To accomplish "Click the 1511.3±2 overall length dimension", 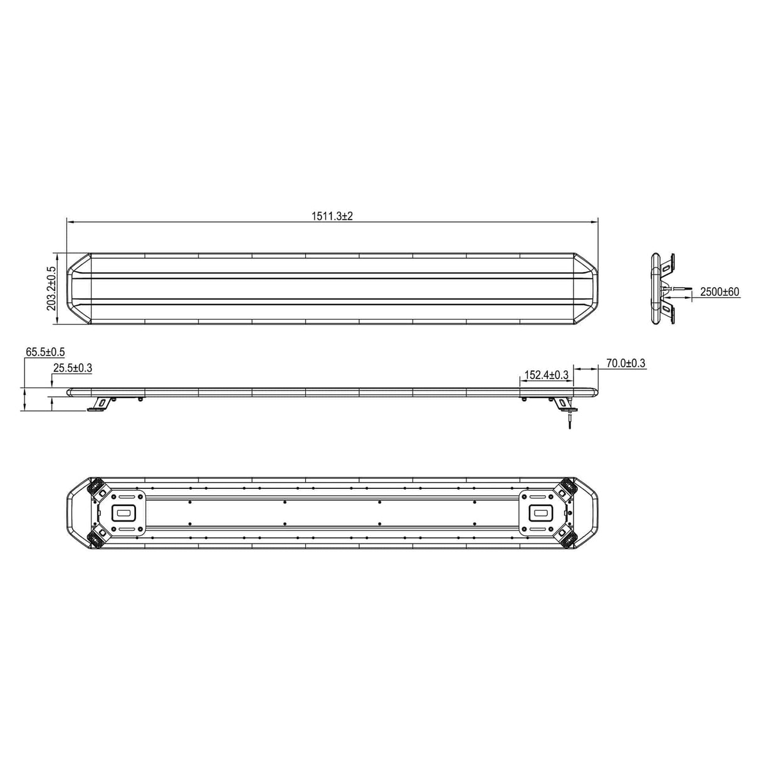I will tap(333, 216).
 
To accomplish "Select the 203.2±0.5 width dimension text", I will tap(51, 288).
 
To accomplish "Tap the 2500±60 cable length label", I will tap(720, 291).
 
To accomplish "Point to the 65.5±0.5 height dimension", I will tap(45, 352).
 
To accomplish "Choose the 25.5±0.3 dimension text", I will tap(73, 369).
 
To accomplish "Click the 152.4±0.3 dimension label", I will tap(546, 375).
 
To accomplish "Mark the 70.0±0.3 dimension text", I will tap(626, 363).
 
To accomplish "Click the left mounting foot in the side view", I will tap(98, 404).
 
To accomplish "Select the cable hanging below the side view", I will tap(570, 418).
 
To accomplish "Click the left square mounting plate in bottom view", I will tap(123, 512).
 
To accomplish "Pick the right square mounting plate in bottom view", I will tap(541, 512).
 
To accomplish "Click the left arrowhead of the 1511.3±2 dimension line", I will tap(70, 222).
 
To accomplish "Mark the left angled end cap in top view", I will tap(79, 288).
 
